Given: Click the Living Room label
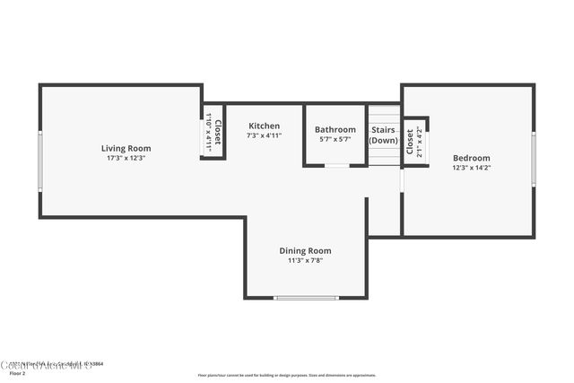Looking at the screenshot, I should point(126,148).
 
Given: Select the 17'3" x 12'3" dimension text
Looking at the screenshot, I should point(126,158).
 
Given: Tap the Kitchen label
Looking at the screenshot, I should point(265,126).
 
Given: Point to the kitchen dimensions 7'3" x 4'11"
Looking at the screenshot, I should point(265,135).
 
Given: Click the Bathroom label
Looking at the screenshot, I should point(335,129).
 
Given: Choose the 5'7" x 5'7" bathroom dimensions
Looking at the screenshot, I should point(335,139).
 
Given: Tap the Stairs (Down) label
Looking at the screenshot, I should point(384,135).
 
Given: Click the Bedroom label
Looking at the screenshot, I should point(471,158).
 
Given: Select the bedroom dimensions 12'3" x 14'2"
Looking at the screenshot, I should point(471,168).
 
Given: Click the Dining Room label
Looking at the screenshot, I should point(305,251).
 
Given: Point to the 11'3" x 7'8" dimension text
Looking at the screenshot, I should point(305,261).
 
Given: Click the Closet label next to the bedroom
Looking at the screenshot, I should point(410,142).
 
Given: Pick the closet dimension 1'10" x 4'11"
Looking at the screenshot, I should point(207,132).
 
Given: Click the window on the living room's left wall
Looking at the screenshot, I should point(39,161).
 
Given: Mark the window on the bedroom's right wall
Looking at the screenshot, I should point(534,159).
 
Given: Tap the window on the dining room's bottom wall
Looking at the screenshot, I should point(306,297).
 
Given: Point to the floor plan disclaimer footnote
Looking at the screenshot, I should point(287,375).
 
